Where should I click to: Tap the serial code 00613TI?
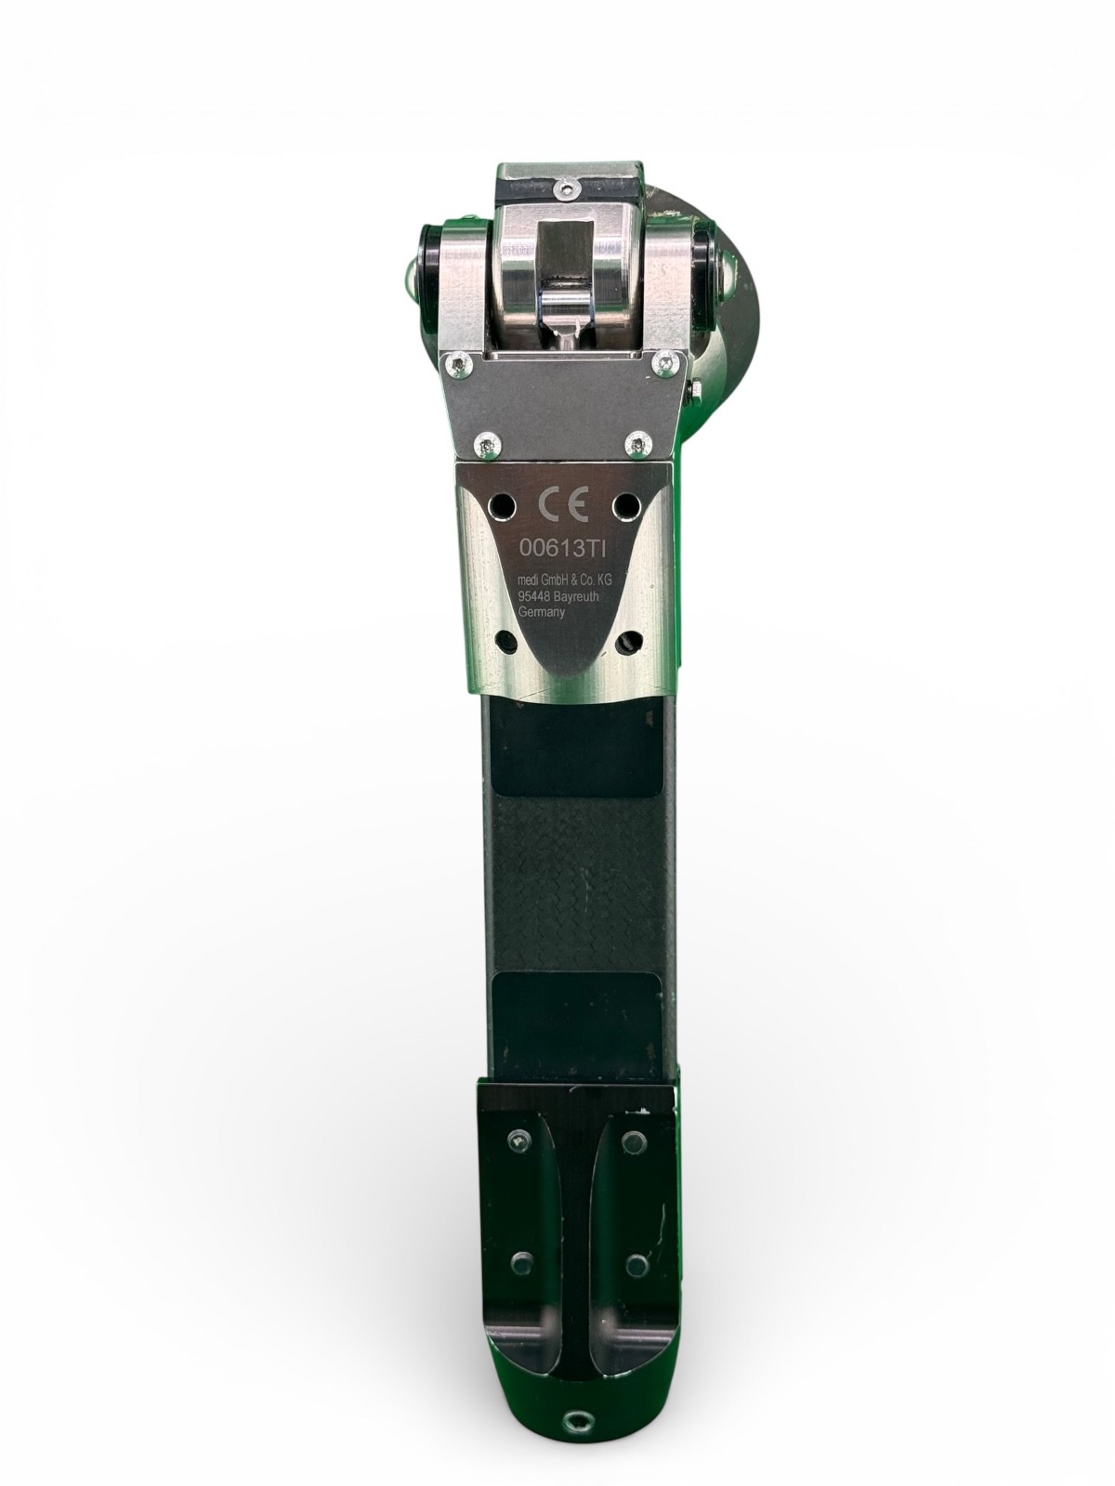tap(563, 548)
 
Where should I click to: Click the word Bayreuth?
tap(579, 594)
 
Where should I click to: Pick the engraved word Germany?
tap(541, 611)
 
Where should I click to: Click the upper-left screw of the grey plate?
tap(460, 366)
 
